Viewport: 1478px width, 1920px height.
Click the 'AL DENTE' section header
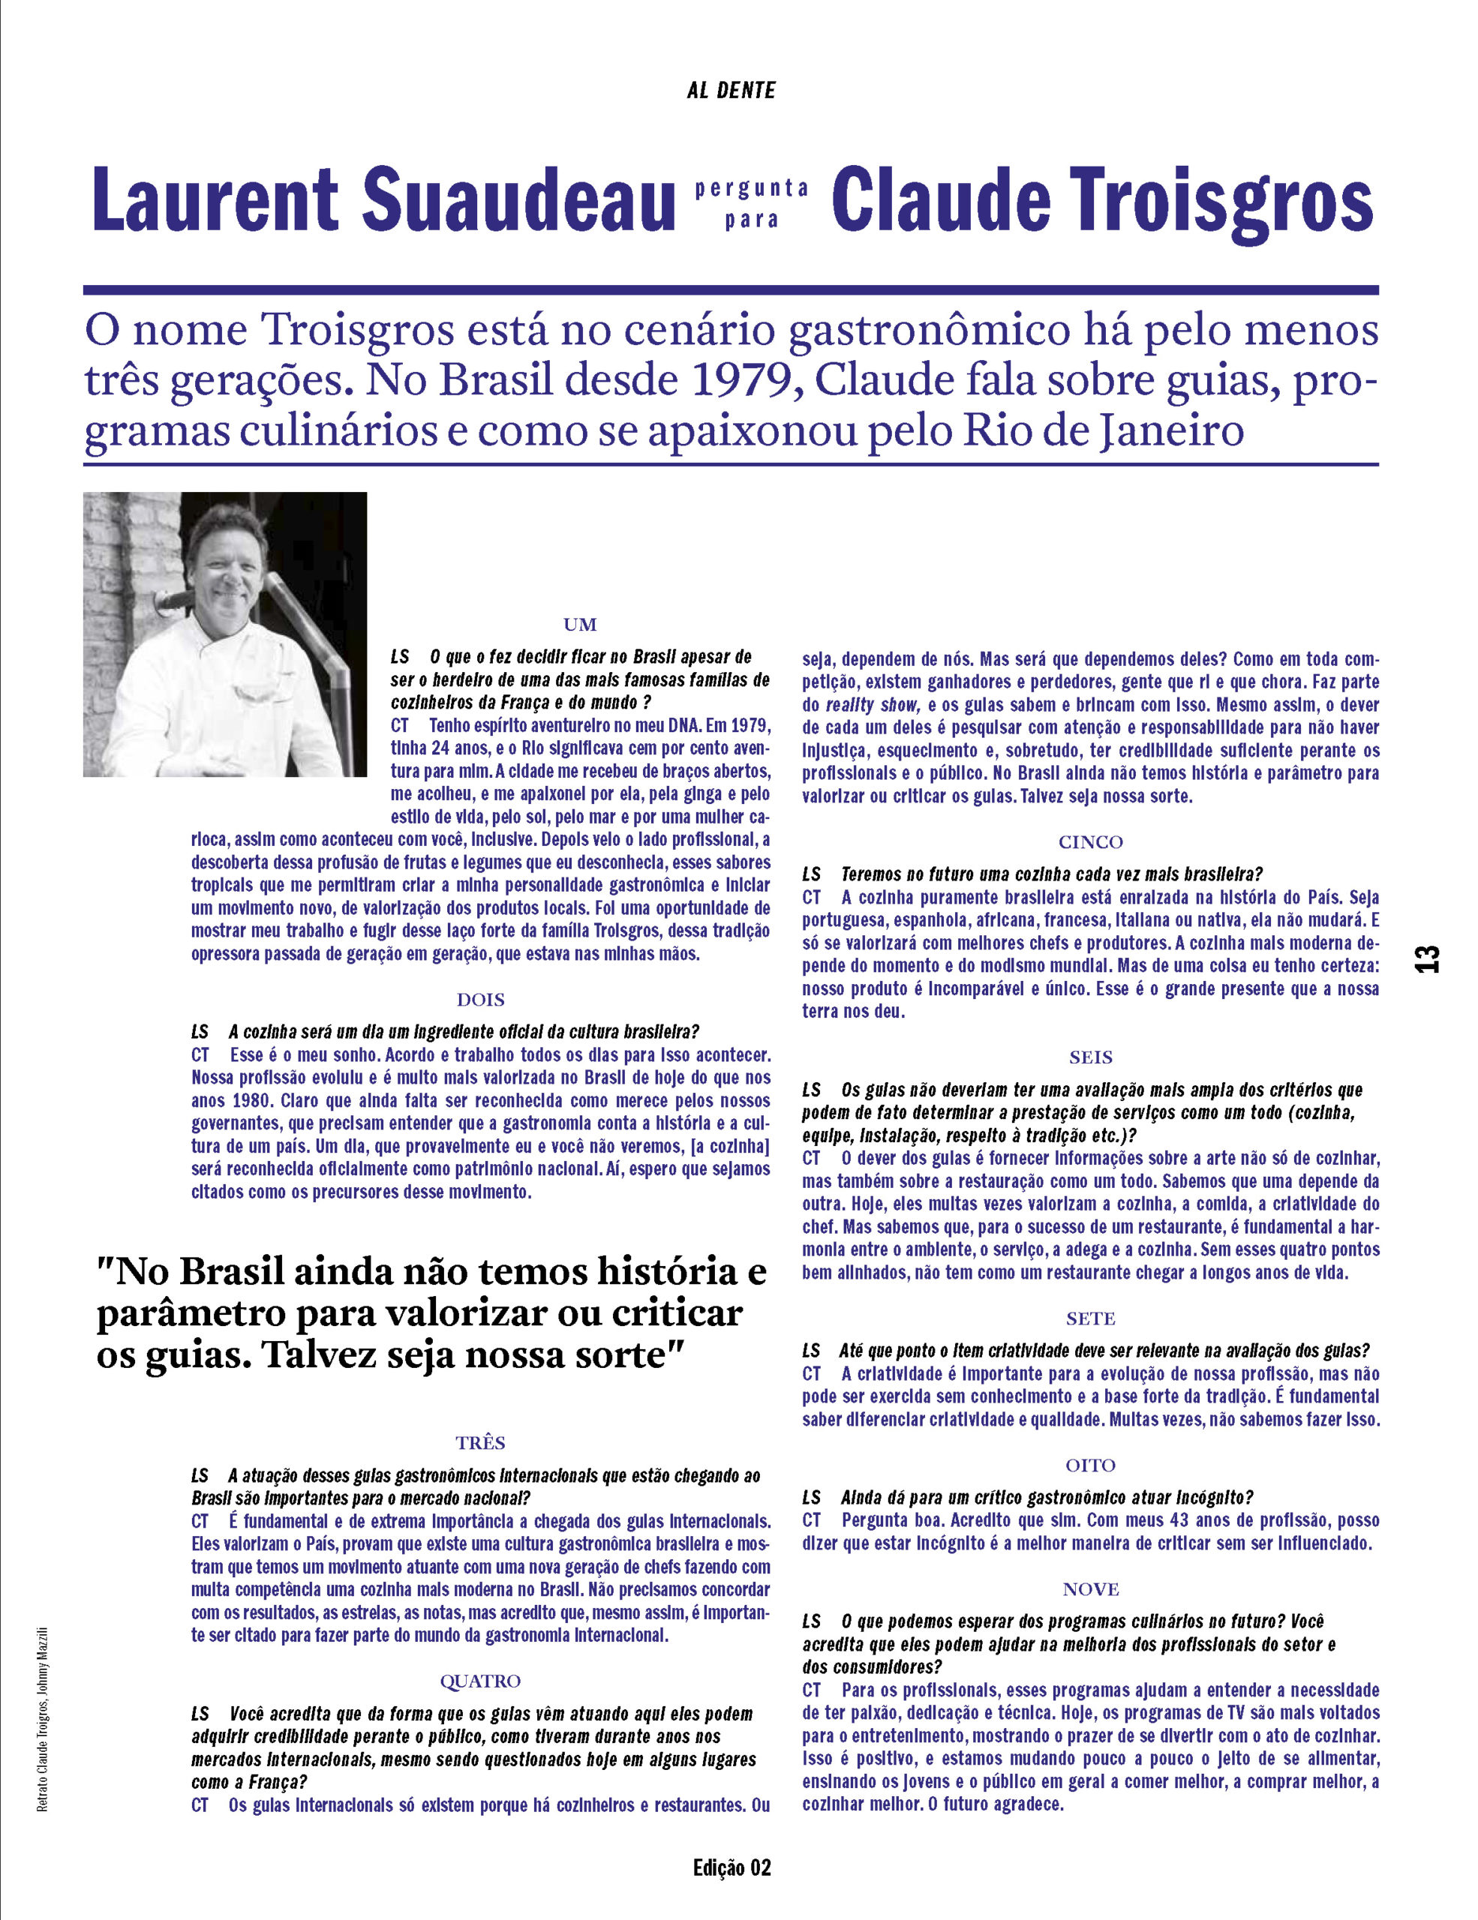(x=731, y=91)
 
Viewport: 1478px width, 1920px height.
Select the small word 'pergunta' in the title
(x=752, y=187)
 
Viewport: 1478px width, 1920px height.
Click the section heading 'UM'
(x=579, y=624)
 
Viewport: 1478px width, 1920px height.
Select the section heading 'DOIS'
(x=480, y=1000)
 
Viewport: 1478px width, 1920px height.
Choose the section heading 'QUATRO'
(x=480, y=1681)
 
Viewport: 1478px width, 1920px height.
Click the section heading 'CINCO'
(x=1090, y=841)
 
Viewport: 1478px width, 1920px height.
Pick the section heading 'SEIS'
(x=1090, y=1057)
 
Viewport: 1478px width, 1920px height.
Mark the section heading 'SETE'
(x=1090, y=1318)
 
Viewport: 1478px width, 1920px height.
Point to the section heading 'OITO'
(x=1090, y=1465)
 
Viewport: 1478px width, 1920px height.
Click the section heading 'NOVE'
(x=1090, y=1588)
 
